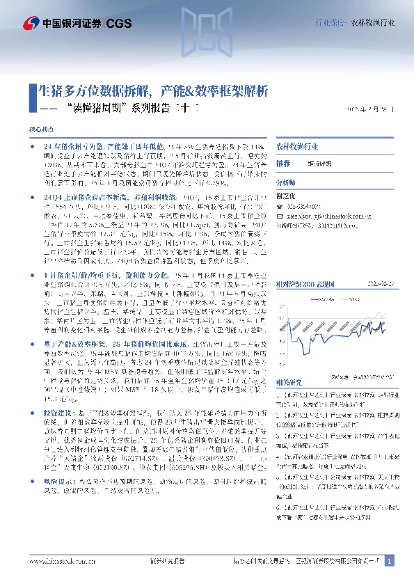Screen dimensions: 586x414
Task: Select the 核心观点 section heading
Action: coord(40,129)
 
